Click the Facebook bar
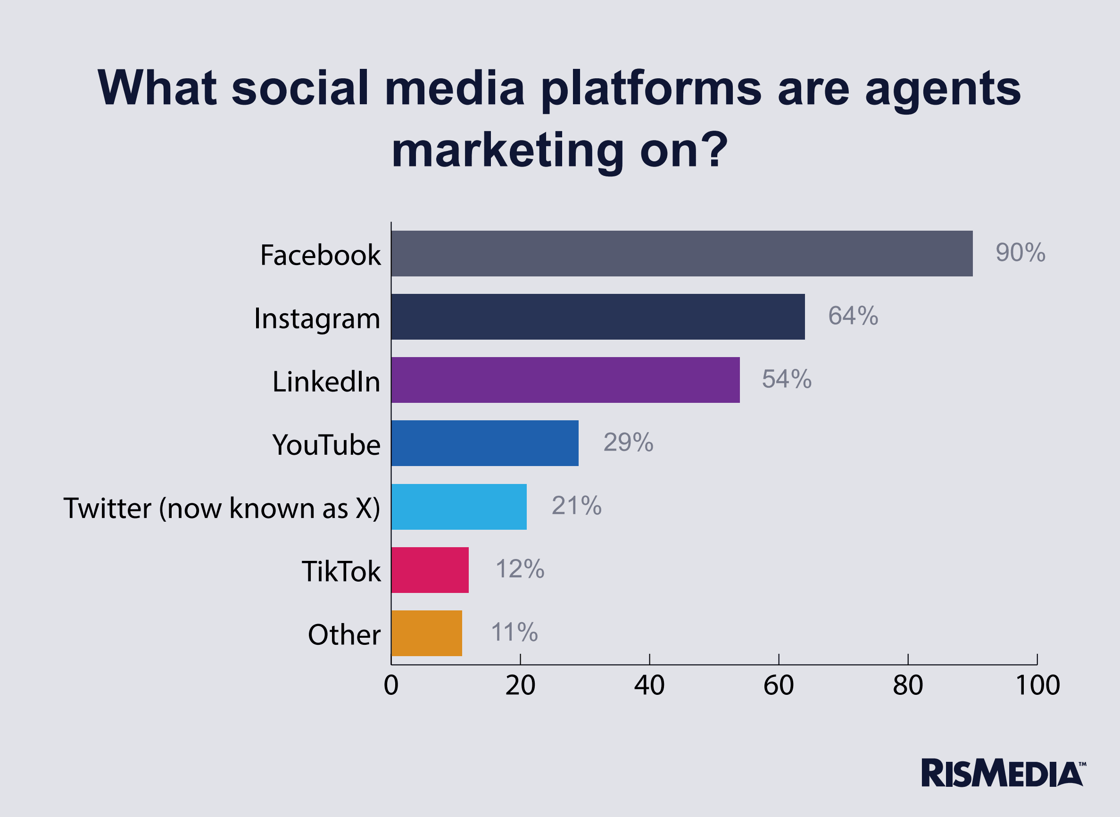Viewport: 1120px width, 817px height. click(x=681, y=253)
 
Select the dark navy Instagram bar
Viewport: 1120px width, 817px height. click(x=597, y=317)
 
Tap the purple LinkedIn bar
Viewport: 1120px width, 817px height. click(x=565, y=380)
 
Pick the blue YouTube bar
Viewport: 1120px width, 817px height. click(x=485, y=443)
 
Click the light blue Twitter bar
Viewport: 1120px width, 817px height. click(x=459, y=507)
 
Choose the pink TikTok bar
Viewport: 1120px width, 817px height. click(x=430, y=570)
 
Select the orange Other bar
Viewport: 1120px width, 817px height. click(x=426, y=633)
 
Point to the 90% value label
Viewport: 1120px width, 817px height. click(x=1020, y=252)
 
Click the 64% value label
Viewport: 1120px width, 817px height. click(x=853, y=316)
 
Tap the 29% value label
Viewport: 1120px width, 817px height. click(x=628, y=442)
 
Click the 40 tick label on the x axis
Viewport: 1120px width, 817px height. click(x=649, y=685)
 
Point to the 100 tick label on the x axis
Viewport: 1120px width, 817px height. click(x=1037, y=685)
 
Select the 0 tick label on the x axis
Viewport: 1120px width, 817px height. click(x=391, y=685)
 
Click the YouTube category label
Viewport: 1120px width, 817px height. click(x=326, y=444)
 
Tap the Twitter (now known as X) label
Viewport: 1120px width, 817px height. click(x=222, y=508)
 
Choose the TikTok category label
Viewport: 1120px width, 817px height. click(x=341, y=571)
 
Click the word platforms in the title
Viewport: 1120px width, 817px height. click(x=651, y=89)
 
